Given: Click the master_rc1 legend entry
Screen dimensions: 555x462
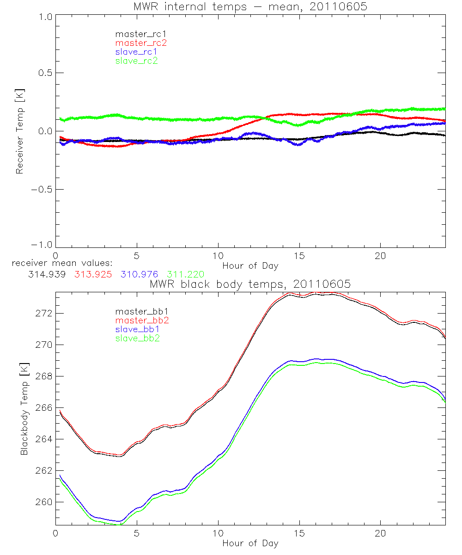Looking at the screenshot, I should (136, 34).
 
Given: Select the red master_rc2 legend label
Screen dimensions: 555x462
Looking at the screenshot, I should (141, 43).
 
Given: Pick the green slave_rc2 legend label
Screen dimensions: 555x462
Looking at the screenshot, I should (136, 61).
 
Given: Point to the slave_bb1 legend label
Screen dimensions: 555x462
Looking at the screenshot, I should (136, 330).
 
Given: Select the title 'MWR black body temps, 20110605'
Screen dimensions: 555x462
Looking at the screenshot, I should (250, 284).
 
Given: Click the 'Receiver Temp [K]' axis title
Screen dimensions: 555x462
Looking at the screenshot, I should (19, 131).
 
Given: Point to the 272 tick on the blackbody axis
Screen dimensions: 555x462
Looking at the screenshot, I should (45, 314).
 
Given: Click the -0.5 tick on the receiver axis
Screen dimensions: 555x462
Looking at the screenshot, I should (41, 189).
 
